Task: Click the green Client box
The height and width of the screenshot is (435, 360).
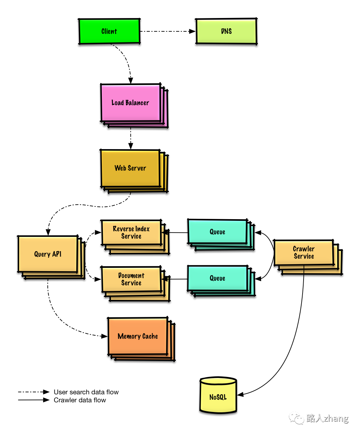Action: tap(109, 31)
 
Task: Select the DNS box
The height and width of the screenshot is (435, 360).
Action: tap(226, 31)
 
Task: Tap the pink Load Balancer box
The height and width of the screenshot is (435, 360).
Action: tap(131, 103)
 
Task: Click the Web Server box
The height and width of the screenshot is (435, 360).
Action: tap(130, 168)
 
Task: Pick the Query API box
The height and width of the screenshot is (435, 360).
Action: tap(48, 254)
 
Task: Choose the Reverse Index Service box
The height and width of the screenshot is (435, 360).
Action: tap(131, 233)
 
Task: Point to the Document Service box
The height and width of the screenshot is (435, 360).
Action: tap(131, 279)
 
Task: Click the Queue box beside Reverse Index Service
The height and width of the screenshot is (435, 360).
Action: tap(217, 232)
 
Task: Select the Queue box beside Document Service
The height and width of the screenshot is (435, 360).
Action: tap(217, 278)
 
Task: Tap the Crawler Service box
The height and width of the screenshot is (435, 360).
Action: tap(304, 253)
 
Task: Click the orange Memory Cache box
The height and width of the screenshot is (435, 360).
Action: tap(138, 336)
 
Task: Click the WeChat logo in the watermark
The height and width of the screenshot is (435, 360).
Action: tap(296, 418)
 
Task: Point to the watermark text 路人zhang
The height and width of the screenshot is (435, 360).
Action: tap(327, 418)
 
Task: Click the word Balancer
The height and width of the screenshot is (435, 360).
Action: tap(137, 103)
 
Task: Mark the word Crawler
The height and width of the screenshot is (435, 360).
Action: tap(304, 249)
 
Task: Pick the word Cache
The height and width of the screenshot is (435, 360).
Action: tap(150, 336)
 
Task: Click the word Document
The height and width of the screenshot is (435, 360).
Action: tap(131, 276)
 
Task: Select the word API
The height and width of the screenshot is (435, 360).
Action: tap(57, 254)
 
